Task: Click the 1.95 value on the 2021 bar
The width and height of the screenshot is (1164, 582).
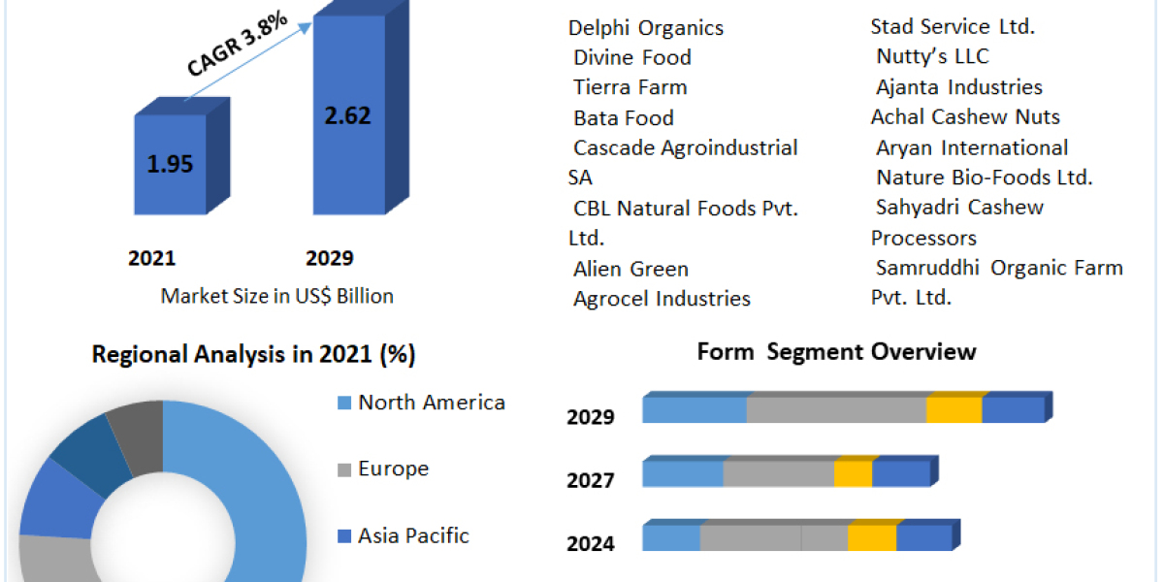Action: [170, 164]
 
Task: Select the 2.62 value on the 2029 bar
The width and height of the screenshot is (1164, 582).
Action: [348, 115]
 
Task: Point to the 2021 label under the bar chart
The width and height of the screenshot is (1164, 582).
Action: [152, 258]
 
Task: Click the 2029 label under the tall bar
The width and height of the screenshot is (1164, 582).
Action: [330, 258]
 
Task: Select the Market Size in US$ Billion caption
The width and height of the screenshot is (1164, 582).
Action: [277, 296]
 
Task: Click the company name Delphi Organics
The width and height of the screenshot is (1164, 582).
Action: [646, 27]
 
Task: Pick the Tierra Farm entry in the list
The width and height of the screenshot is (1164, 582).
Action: [630, 87]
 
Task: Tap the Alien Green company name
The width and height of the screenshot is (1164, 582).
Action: [630, 269]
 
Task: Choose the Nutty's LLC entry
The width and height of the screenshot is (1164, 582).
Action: [932, 56]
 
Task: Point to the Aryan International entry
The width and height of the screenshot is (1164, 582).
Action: [972, 147]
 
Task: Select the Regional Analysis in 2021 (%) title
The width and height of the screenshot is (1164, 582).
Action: [254, 355]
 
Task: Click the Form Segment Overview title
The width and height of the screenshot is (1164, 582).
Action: [836, 351]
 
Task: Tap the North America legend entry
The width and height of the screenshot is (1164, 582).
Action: [431, 403]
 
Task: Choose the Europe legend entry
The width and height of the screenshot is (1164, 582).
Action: [393, 469]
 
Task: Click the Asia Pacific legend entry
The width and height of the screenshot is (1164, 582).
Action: [413, 535]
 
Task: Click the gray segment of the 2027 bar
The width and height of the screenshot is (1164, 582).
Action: [779, 473]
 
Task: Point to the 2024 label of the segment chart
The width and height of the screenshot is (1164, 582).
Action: [591, 543]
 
